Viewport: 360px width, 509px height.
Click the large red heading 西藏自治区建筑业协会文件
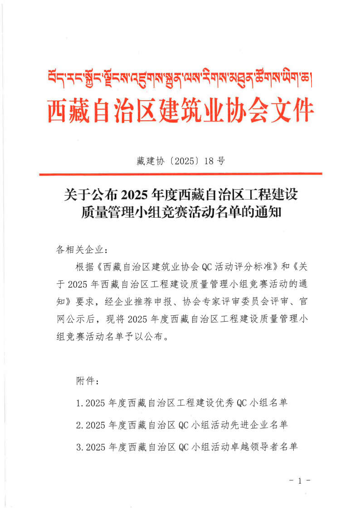click(180, 110)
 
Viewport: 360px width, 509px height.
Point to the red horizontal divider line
click(180, 174)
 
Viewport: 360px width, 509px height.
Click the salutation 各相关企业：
click(81, 250)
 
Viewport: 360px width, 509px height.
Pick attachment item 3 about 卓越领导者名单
click(186, 447)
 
